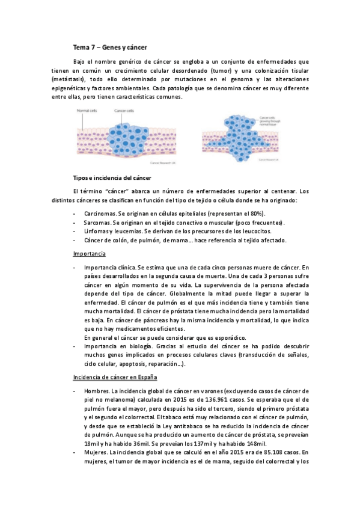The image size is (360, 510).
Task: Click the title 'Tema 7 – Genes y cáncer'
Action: [x=109, y=46]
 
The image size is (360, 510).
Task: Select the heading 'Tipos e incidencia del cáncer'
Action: [x=112, y=178]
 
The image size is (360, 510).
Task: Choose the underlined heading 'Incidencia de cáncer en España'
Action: [x=114, y=377]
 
